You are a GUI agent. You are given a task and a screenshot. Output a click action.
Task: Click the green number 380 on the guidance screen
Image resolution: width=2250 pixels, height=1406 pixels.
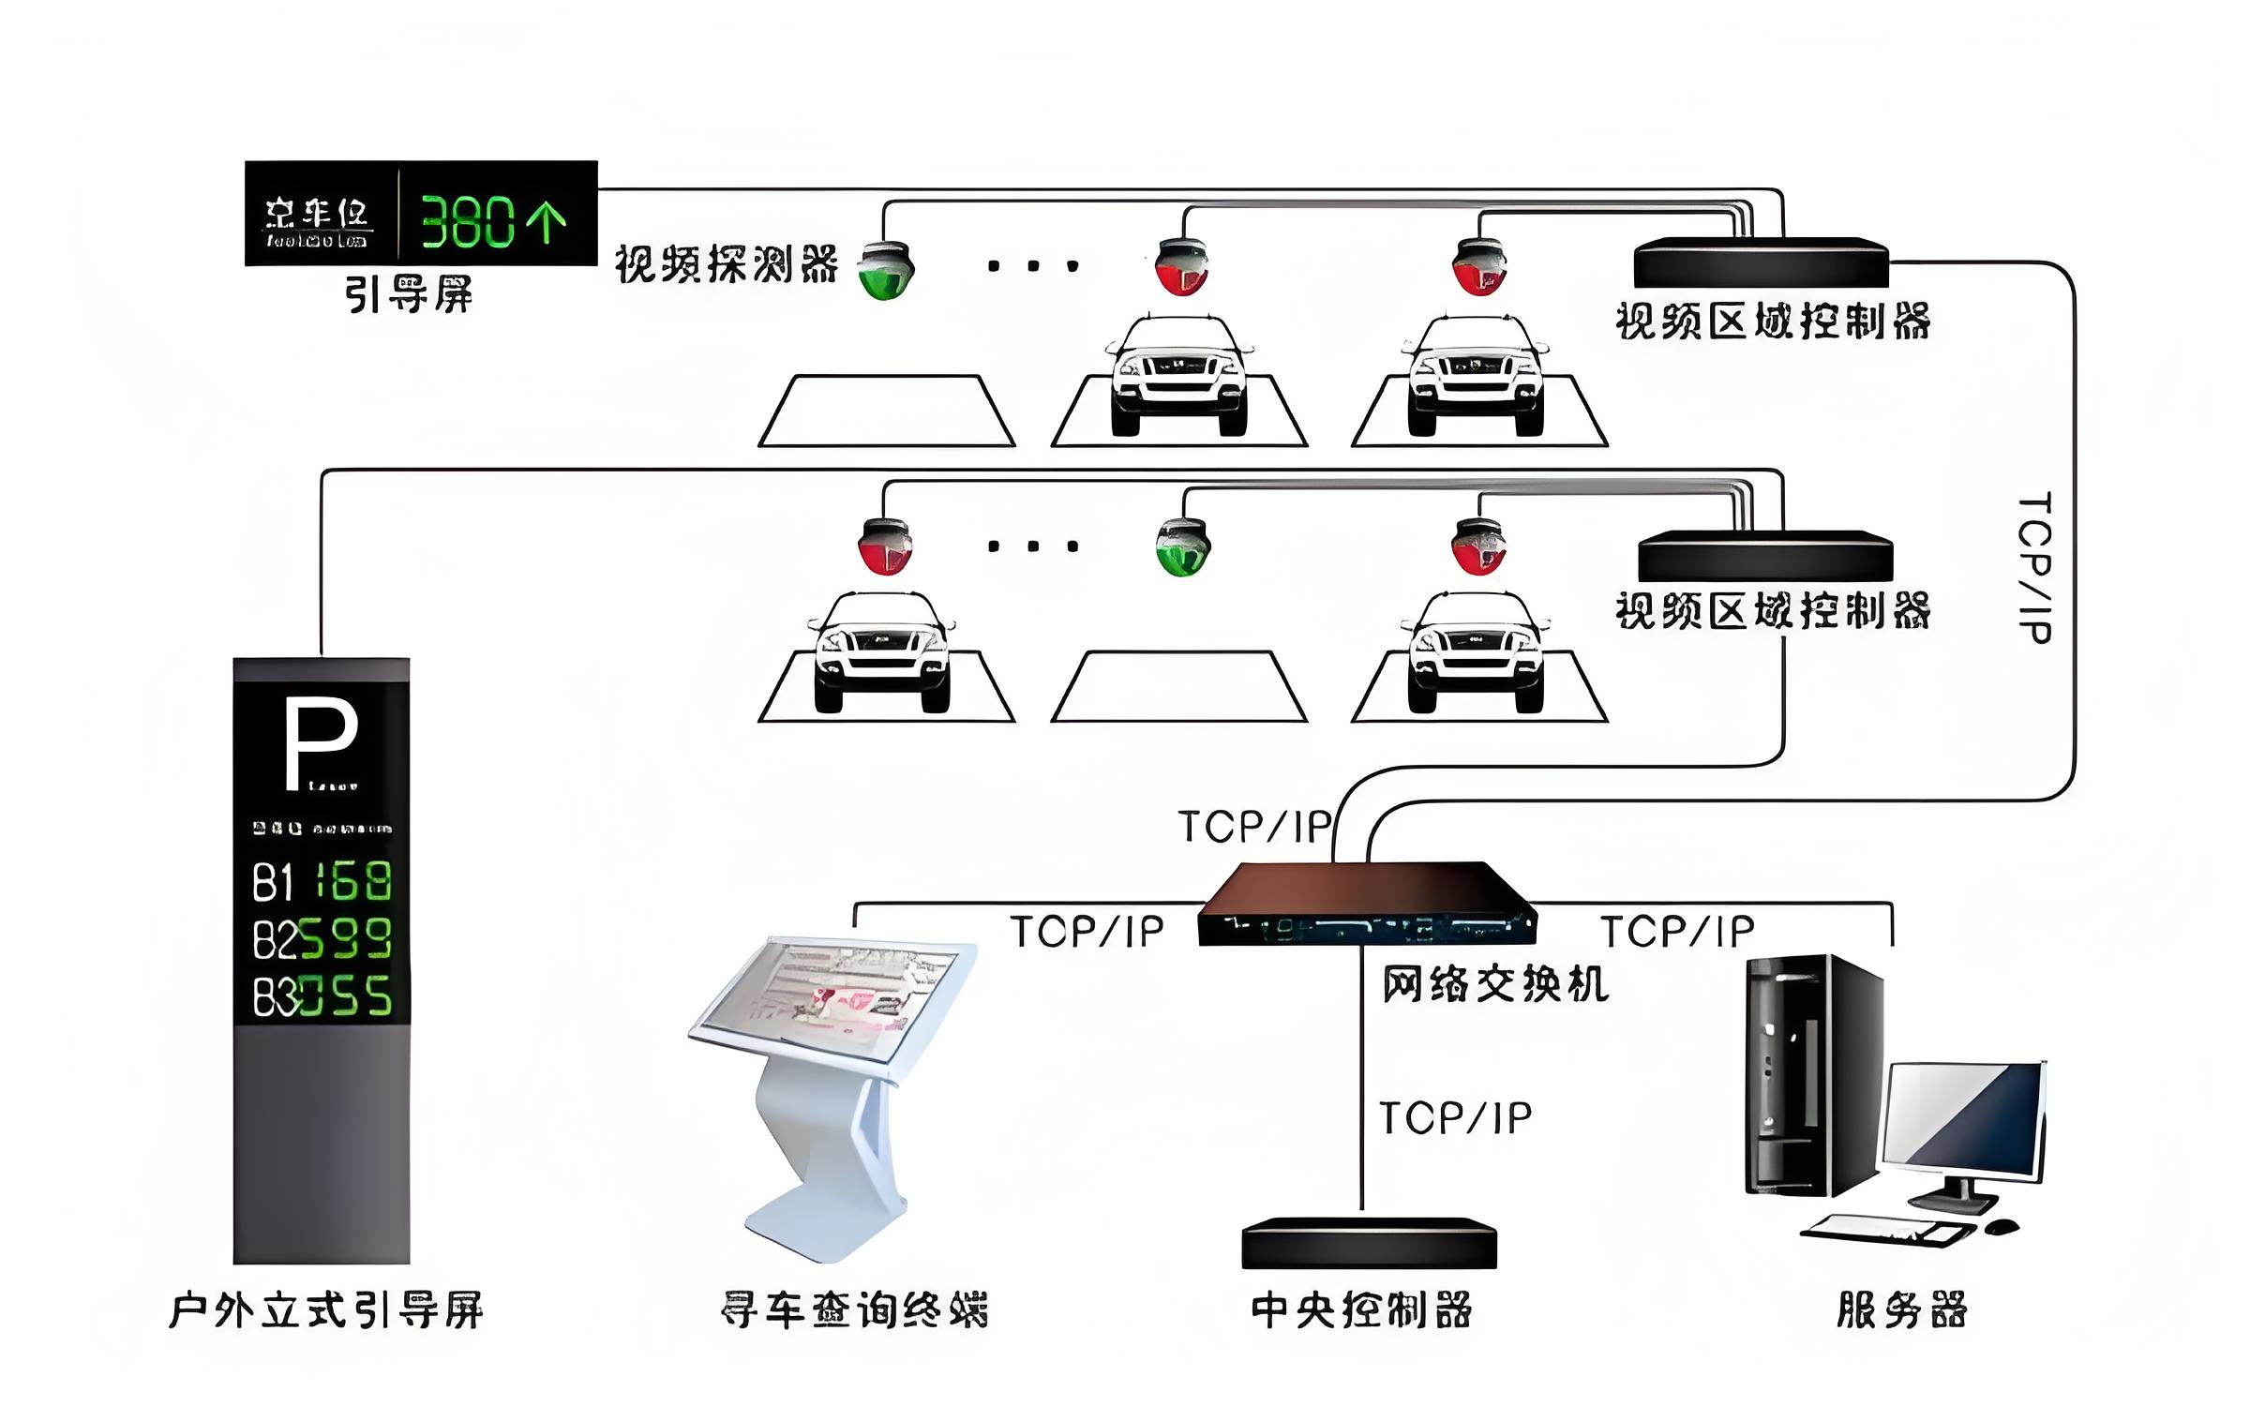click(467, 222)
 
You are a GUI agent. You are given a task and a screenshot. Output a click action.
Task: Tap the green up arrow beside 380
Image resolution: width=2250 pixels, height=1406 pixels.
click(547, 222)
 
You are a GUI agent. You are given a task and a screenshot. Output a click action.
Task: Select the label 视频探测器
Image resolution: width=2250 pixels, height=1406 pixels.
click(727, 264)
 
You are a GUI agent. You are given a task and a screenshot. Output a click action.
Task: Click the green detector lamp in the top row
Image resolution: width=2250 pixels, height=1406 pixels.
click(885, 270)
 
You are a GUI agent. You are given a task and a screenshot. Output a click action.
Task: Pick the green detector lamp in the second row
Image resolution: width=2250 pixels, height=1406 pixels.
click(1182, 547)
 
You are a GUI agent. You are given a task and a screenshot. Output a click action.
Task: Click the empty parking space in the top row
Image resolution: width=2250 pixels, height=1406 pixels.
click(886, 411)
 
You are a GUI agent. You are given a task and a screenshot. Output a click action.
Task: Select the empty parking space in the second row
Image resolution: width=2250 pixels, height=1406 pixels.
click(1178, 687)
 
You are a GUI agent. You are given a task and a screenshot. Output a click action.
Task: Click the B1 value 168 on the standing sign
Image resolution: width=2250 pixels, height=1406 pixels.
click(353, 881)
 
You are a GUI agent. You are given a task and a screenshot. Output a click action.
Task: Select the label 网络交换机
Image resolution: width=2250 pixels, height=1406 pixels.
click(1494, 984)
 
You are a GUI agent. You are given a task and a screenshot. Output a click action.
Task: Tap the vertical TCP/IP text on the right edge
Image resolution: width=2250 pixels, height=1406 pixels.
click(2033, 567)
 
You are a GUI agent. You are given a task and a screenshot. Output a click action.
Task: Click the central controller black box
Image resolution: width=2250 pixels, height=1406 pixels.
click(1369, 1244)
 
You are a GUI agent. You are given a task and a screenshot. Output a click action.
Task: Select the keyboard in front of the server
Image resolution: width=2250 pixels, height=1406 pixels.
click(1884, 1231)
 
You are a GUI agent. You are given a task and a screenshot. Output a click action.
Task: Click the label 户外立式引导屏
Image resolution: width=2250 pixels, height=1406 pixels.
click(326, 1310)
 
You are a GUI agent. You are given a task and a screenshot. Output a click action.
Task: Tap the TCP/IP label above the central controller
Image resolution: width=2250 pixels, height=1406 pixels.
click(1455, 1118)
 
